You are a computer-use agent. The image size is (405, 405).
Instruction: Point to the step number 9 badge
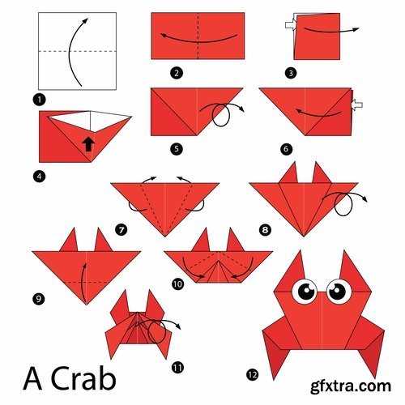point(38,299)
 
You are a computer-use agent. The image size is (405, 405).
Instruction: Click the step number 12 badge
point(253,373)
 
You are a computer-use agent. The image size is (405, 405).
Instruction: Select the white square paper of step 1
point(76,51)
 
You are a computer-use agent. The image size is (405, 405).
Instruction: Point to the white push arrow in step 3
point(289,27)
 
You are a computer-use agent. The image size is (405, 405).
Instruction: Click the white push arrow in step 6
point(357,104)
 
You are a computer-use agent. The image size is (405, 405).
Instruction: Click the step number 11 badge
point(177,367)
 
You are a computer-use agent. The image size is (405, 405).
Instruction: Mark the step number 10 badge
point(177,283)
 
